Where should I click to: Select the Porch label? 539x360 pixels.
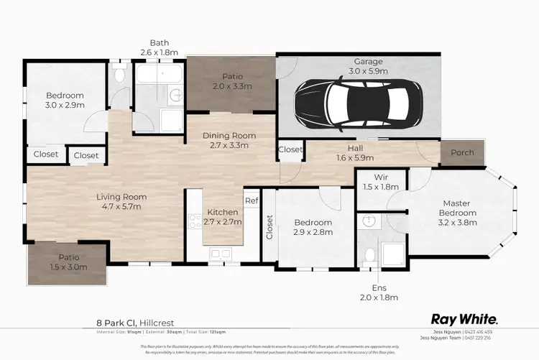pos(462,153)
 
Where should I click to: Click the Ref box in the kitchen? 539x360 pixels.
pos(252,201)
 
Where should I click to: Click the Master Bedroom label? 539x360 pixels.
pos(458,208)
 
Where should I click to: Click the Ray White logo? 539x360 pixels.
pos(464,318)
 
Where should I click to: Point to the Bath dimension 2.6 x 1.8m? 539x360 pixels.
pos(159,52)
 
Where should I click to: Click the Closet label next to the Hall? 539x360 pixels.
pos(290,150)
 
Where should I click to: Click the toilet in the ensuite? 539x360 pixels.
pos(370,253)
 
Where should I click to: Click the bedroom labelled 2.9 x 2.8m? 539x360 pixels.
pos(312,228)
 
